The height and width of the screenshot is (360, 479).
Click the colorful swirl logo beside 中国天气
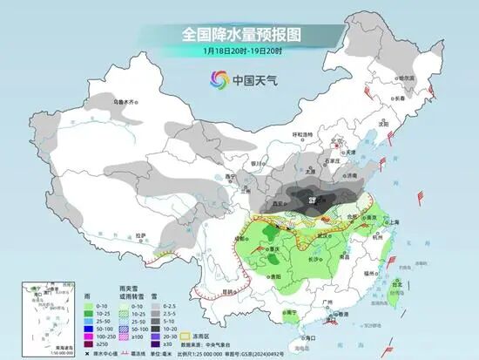coord(213,80)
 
